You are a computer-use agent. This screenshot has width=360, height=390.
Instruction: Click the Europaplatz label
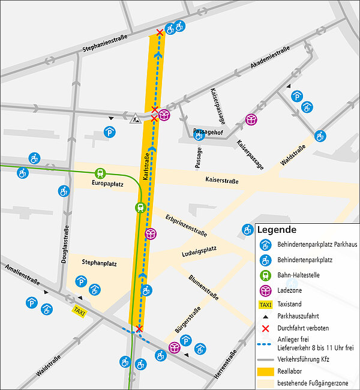tap(107, 184)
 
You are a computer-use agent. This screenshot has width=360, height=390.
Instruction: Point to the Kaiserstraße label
tap(221, 180)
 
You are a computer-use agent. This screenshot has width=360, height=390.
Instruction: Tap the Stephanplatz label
tap(99, 263)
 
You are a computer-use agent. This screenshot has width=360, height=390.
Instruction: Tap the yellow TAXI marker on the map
tap(79, 311)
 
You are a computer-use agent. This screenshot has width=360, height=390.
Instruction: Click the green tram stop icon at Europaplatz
tap(100, 173)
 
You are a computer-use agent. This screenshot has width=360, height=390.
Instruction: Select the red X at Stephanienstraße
tap(159, 32)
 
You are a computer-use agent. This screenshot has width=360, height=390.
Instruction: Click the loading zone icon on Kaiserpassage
tap(251, 120)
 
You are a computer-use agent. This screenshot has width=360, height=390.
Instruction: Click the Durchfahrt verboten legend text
tap(303, 328)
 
